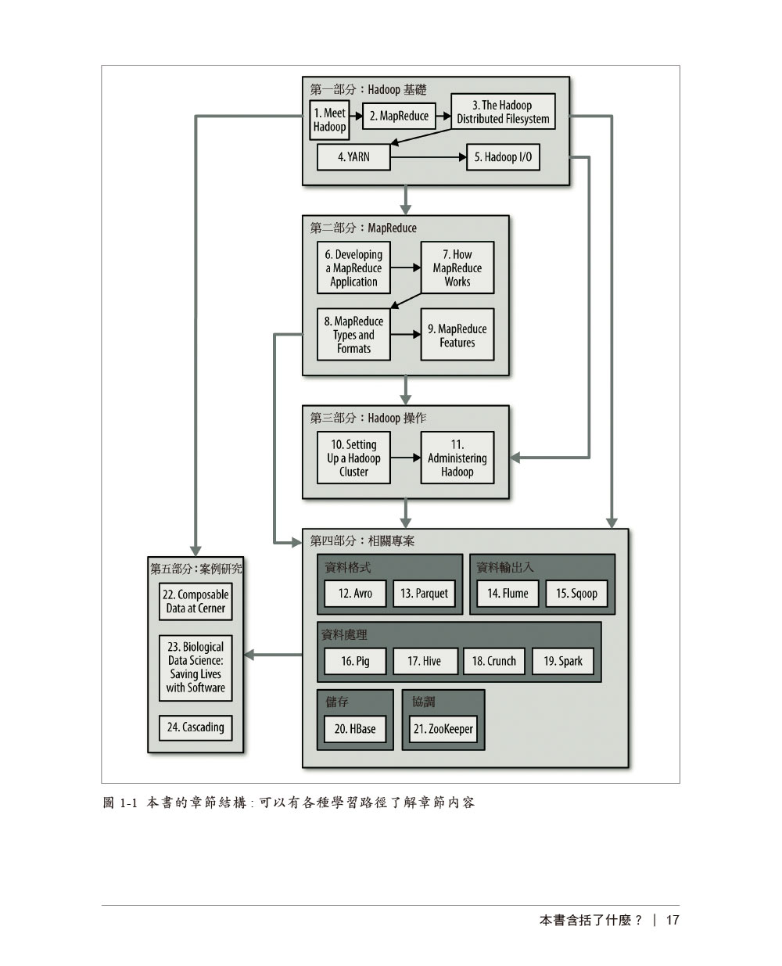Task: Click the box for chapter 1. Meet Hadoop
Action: (329, 119)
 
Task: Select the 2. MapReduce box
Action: (399, 116)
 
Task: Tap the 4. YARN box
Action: (353, 157)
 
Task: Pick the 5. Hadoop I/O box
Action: (503, 157)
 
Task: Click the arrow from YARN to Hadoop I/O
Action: (429, 157)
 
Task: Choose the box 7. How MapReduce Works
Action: (457, 268)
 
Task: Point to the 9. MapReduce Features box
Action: (457, 335)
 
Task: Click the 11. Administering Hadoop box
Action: (457, 458)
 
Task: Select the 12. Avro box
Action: (355, 593)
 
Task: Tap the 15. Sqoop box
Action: (576, 593)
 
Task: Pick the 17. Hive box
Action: (425, 661)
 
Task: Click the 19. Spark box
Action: (562, 661)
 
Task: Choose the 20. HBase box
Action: (355, 729)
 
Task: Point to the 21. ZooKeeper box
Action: (443, 729)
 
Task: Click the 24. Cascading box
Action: (195, 727)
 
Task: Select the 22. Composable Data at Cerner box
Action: (195, 601)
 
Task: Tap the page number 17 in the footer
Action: (673, 920)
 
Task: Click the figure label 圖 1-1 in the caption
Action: (120, 803)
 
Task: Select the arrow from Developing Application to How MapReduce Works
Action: (405, 268)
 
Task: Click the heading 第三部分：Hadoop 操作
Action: (368, 418)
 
